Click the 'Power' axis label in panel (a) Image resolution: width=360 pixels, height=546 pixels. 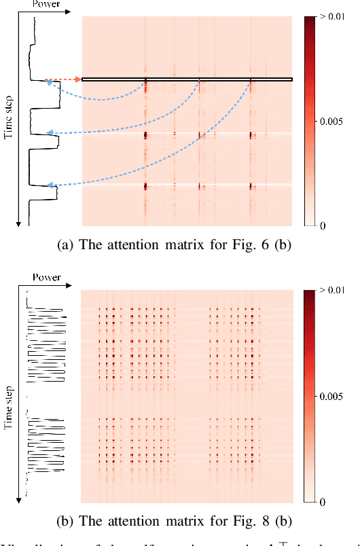[46, 5]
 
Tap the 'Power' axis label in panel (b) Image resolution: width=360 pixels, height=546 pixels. [46, 278]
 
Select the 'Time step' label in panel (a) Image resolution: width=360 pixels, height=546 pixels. [9, 120]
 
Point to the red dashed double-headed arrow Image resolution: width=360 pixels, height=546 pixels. [63, 79]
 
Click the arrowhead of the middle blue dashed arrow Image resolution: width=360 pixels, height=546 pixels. [48, 133]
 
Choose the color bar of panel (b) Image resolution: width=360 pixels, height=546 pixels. [314, 397]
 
